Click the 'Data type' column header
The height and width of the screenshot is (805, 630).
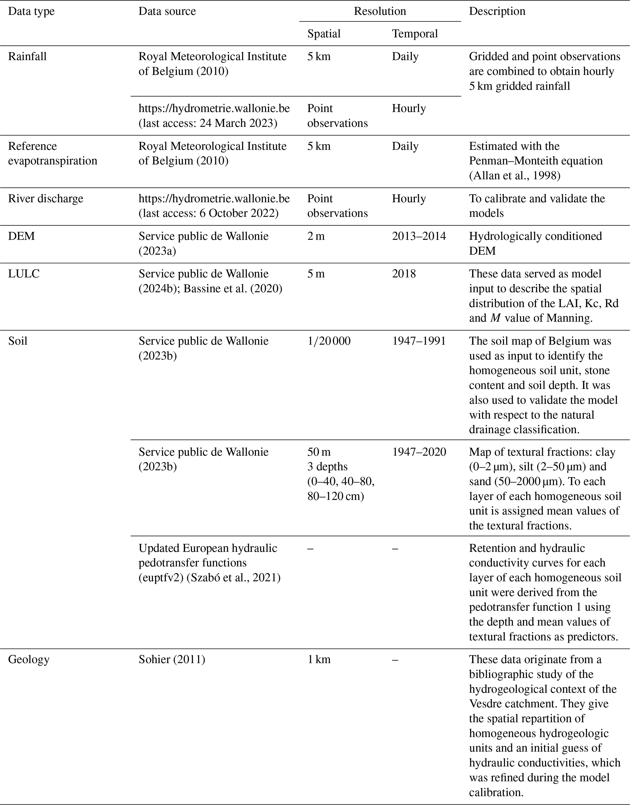point(31,12)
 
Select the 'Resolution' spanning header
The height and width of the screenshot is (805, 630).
point(379,12)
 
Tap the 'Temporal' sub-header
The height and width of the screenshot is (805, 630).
point(415,34)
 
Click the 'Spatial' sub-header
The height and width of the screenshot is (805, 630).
point(324,34)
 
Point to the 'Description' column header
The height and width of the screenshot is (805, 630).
point(497,12)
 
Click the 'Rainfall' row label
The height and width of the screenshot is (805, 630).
point(27,57)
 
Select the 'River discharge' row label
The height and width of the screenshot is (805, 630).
point(46,199)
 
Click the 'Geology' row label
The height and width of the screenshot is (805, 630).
point(29,659)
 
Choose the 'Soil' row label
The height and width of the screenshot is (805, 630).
point(18,341)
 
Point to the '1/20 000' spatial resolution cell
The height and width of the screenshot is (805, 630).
point(329,341)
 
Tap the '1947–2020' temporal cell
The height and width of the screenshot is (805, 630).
point(419,452)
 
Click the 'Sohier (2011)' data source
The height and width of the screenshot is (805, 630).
point(172,659)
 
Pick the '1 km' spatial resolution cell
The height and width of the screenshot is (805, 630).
point(319,659)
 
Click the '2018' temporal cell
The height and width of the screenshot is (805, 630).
point(404,274)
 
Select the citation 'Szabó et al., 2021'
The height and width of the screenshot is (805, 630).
point(232,578)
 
